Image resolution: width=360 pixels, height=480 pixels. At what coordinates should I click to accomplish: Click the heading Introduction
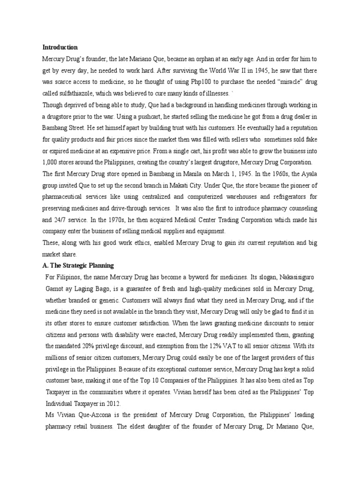[x=60, y=47]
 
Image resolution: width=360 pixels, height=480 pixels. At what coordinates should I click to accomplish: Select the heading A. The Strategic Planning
[x=78, y=265]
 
